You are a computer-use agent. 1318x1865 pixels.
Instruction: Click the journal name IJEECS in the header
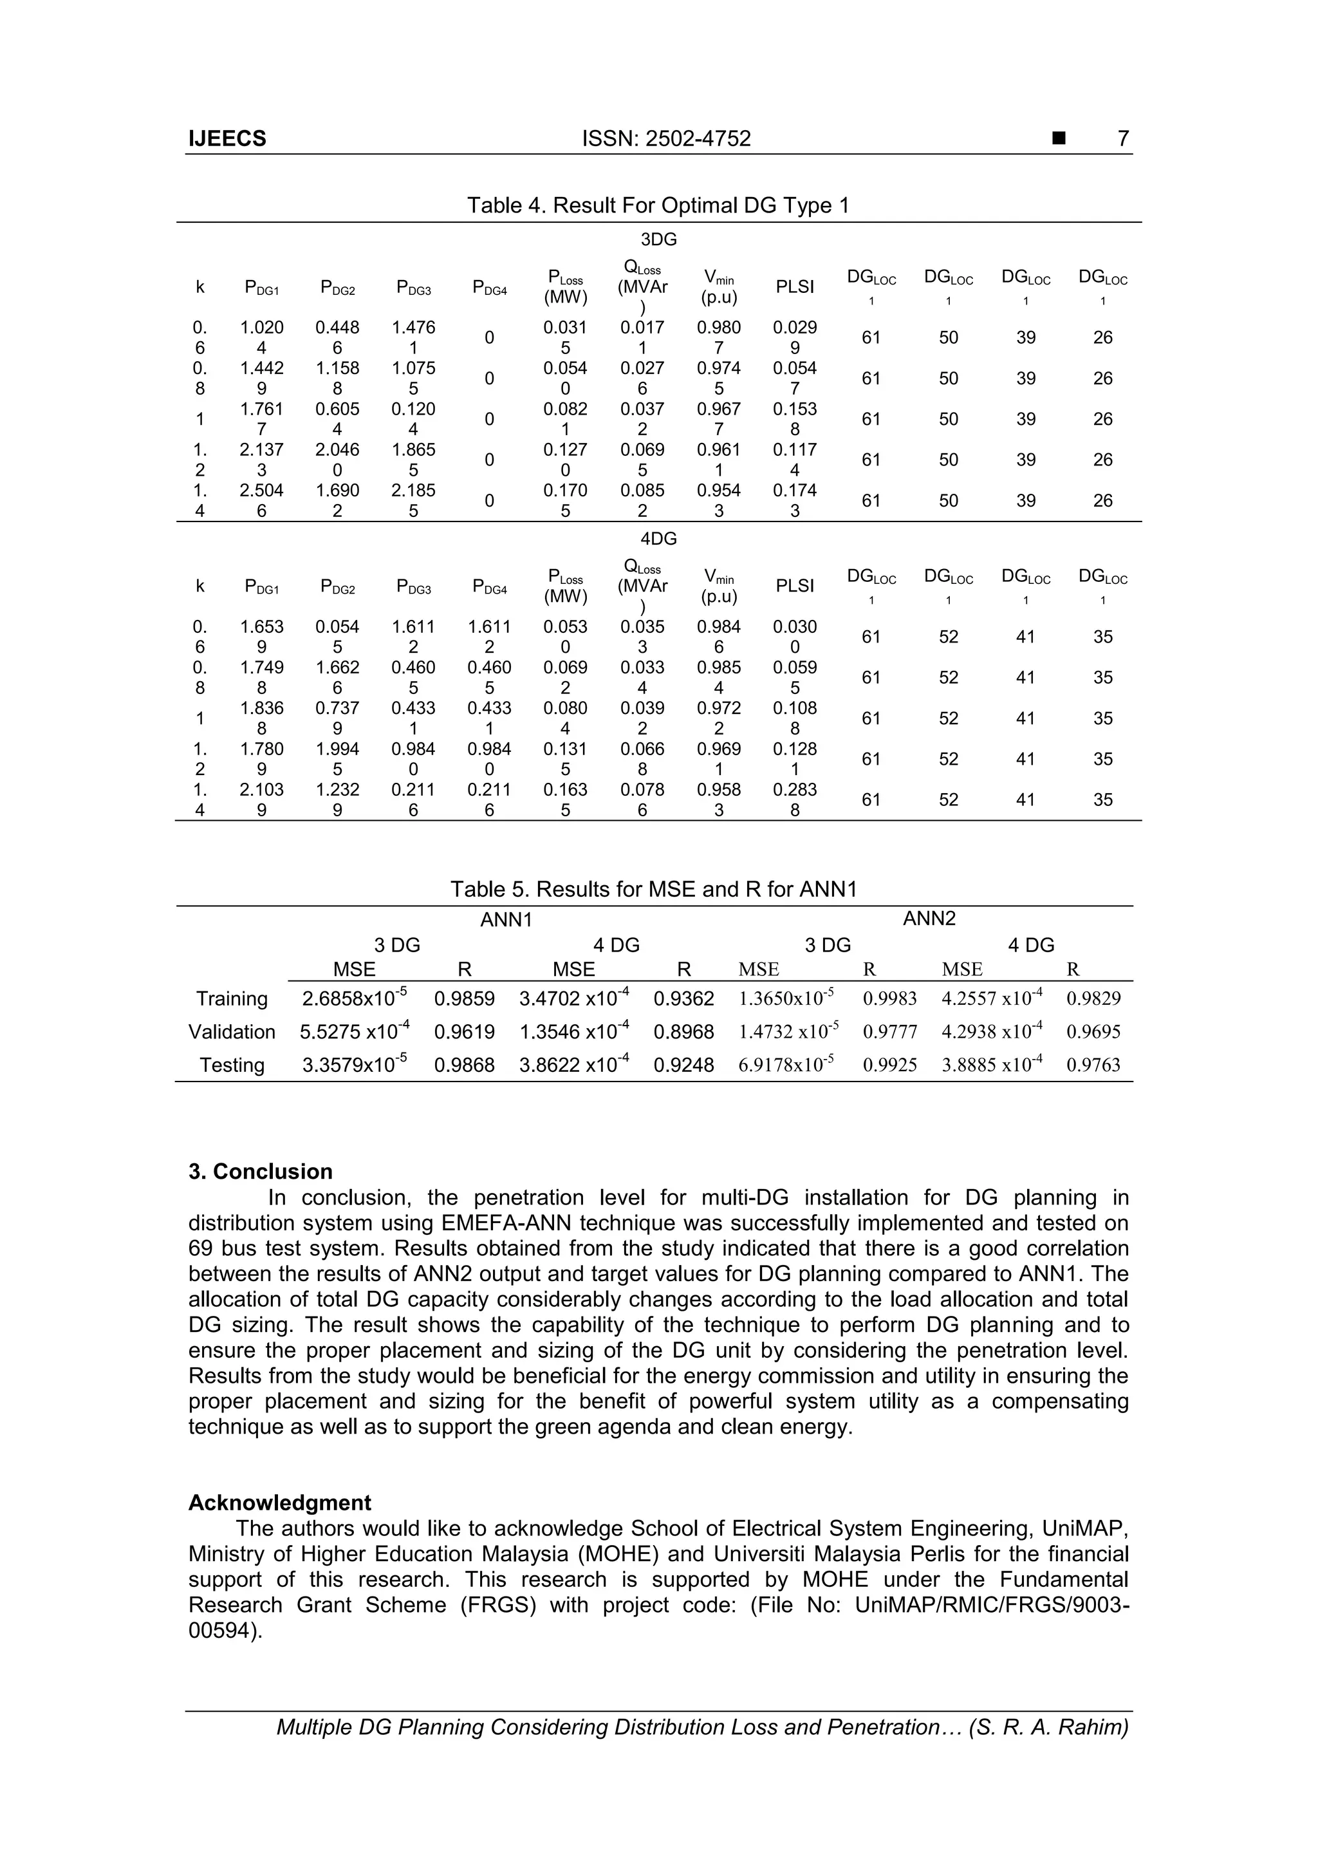[x=227, y=139]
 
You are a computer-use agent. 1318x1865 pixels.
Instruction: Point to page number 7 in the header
[x=1123, y=139]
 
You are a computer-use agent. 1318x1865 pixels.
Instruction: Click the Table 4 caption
[x=658, y=205]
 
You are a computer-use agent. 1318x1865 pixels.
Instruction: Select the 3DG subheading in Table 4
[x=658, y=239]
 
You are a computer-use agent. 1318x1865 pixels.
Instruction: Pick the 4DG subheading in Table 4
[x=658, y=539]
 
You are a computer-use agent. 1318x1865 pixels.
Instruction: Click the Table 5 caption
[x=654, y=890]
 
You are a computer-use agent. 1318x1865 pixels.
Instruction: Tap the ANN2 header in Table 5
[x=929, y=919]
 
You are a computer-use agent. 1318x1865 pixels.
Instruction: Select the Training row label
[x=232, y=999]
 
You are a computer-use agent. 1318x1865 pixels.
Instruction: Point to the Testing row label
[x=232, y=1065]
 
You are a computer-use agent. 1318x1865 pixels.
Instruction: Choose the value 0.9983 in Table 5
[x=890, y=999]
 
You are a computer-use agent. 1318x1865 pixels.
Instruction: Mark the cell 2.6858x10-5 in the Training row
[x=355, y=998]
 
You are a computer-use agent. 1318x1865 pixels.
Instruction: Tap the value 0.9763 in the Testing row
[x=1093, y=1065]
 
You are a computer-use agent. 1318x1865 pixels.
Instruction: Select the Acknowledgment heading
[x=279, y=1503]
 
